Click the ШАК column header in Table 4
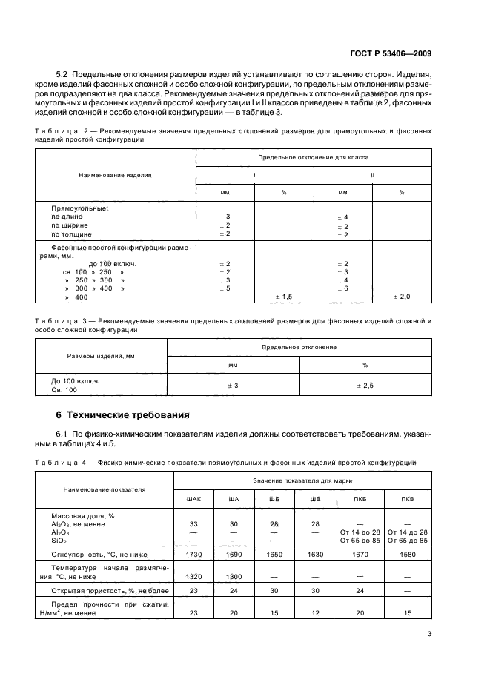(193, 498)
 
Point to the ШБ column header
(274, 498)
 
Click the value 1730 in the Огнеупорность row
(193, 552)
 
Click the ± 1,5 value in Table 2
(283, 297)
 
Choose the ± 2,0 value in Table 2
(401, 297)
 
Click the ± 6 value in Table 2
(342, 288)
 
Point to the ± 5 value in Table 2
(225, 288)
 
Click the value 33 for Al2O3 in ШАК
(193, 523)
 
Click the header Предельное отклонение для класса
(313, 158)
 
